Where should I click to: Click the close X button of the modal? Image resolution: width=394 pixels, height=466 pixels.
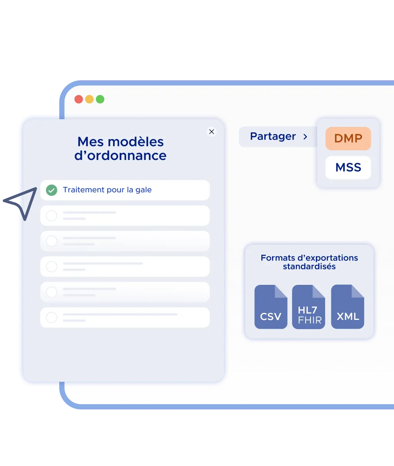point(211,132)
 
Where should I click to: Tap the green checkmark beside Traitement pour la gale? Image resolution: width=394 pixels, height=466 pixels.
point(52,190)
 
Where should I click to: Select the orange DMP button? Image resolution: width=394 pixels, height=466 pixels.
point(348,138)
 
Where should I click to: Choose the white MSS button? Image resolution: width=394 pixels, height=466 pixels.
point(348,168)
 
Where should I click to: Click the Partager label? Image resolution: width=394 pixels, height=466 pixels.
point(273,136)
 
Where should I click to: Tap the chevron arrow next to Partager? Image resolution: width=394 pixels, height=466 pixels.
point(305,137)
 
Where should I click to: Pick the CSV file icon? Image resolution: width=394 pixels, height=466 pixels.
point(271,307)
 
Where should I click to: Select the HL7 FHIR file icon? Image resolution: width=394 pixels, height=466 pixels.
point(309,307)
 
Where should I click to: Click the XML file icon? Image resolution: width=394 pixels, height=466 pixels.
point(347,307)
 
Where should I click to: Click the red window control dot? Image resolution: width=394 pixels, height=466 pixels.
point(78,99)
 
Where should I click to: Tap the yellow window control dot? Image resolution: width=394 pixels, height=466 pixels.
point(89,99)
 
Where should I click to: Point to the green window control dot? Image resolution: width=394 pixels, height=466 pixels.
point(100,99)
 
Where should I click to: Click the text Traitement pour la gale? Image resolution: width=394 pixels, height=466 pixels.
point(107,190)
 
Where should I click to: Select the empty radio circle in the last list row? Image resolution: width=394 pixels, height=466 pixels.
point(52,318)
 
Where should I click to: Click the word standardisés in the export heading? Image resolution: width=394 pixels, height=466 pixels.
point(309,267)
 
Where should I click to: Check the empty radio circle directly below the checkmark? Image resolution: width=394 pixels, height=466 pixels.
point(52,216)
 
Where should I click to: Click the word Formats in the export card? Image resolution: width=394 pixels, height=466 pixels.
point(277,258)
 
